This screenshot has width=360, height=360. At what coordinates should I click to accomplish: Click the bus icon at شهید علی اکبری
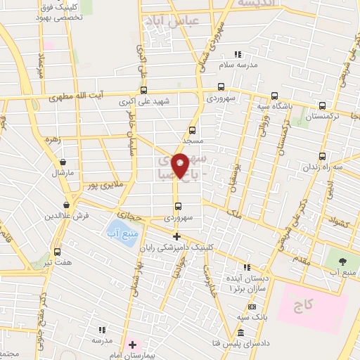144,90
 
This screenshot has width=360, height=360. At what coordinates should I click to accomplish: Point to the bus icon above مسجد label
193,130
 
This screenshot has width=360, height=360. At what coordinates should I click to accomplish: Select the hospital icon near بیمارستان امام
131,345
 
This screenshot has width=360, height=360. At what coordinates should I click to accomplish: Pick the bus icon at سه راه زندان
322,156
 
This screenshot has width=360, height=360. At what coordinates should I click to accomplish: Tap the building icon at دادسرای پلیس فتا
240,333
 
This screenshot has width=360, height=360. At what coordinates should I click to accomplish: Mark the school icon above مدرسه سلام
238,54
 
